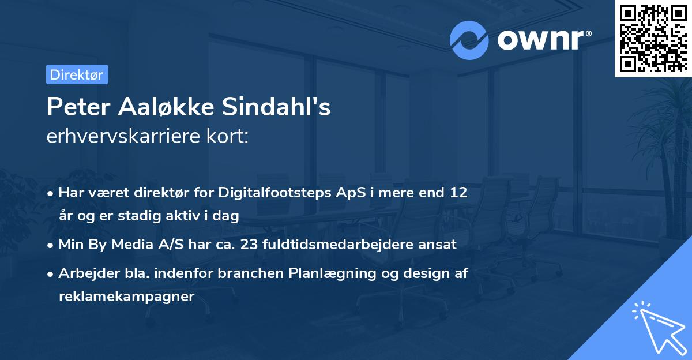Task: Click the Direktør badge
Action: tap(77, 74)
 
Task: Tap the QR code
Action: tap(653, 38)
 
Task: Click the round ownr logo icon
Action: tap(469, 40)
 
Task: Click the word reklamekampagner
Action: tap(127, 297)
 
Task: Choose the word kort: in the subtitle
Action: tap(230, 137)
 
